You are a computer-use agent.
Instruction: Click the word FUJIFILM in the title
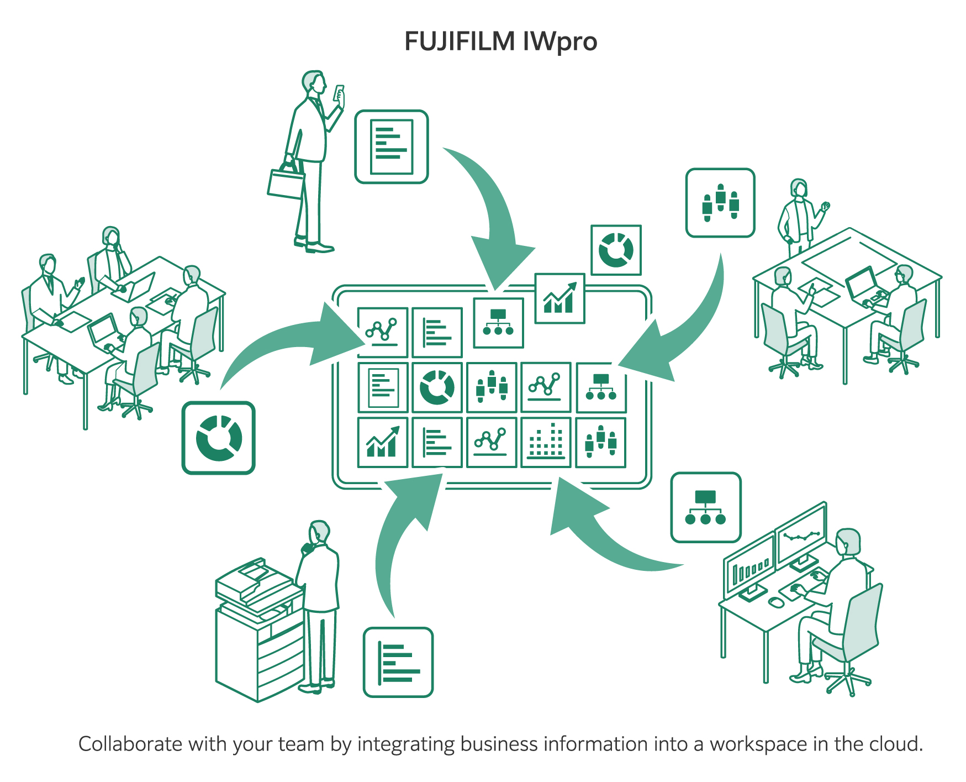(x=459, y=41)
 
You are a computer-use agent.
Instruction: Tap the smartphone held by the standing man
(x=339, y=92)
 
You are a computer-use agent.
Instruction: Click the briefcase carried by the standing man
(x=286, y=182)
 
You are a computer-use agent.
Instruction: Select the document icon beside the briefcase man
(x=391, y=146)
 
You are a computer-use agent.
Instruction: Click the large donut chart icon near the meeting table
(x=219, y=438)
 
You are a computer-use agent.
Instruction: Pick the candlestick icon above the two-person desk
(x=720, y=203)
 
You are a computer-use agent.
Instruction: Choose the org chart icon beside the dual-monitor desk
(x=705, y=507)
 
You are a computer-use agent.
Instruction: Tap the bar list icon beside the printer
(x=398, y=662)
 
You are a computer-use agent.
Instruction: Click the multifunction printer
(x=258, y=630)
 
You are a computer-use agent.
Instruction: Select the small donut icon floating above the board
(x=616, y=250)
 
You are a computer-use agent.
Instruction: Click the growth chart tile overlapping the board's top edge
(x=559, y=298)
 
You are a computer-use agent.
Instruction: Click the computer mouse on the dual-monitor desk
(x=775, y=601)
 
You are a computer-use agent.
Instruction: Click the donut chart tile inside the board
(x=437, y=387)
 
